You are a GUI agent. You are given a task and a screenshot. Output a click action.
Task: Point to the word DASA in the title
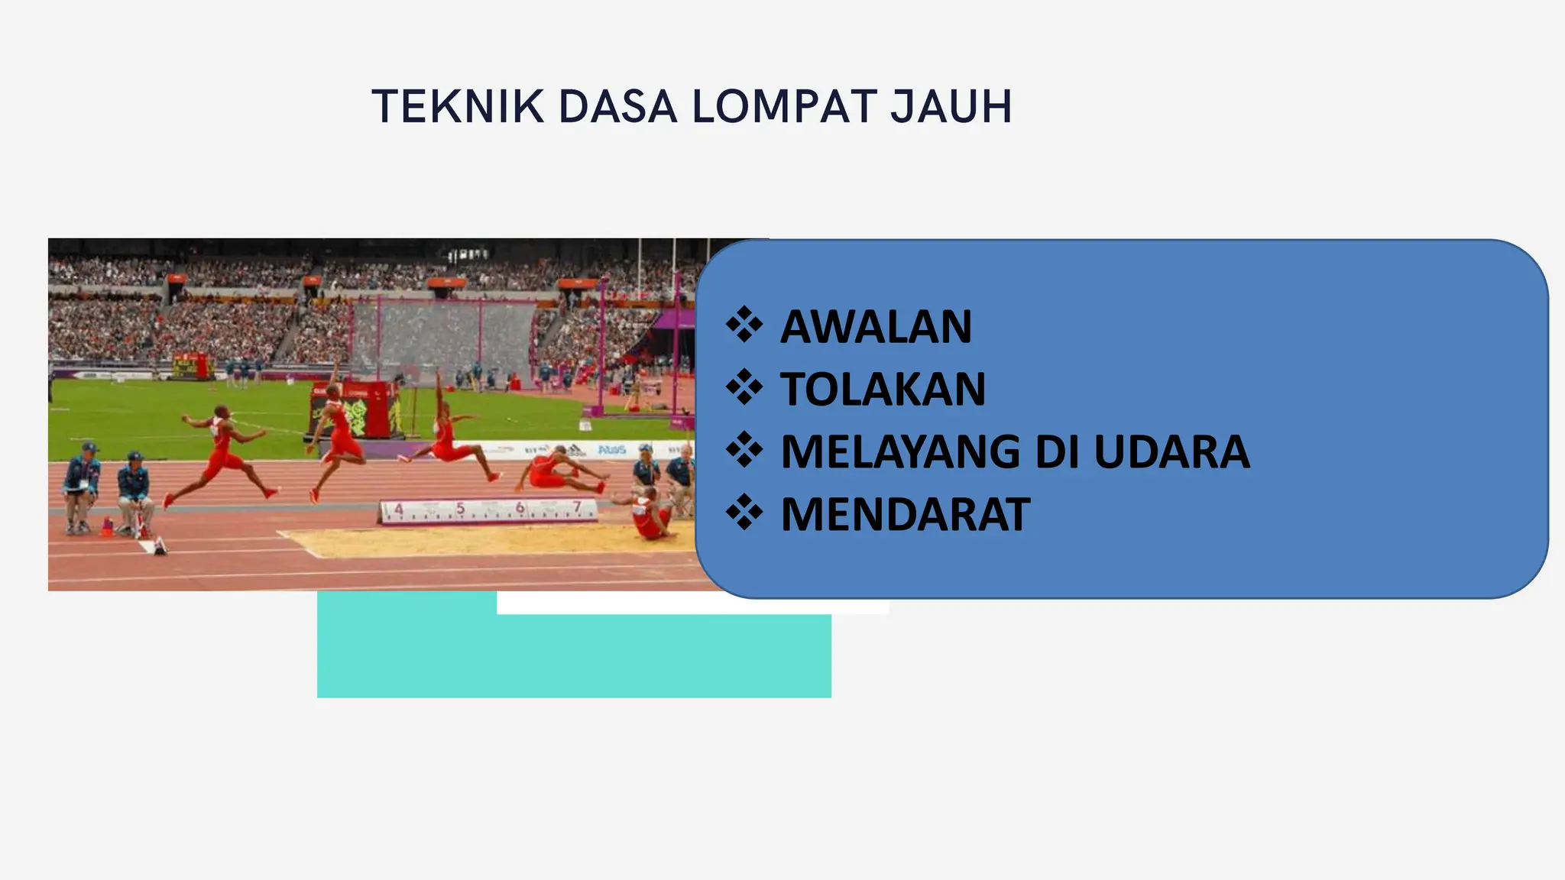tap(617, 106)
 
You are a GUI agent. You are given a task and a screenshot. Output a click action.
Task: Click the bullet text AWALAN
tap(876, 327)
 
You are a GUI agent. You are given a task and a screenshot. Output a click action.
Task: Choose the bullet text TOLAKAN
tap(883, 390)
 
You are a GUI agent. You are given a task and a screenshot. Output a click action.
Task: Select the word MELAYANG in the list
tap(900, 451)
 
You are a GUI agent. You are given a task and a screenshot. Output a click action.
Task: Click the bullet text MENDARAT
tap(906, 514)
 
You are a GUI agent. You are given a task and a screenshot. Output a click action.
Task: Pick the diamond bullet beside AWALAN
tap(744, 326)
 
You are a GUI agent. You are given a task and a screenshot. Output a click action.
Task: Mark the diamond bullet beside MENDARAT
tap(744, 513)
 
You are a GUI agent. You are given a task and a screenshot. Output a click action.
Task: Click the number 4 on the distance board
tap(398, 510)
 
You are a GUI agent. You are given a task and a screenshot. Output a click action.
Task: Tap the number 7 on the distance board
tap(577, 507)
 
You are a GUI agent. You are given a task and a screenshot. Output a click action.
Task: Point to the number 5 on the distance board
tap(460, 509)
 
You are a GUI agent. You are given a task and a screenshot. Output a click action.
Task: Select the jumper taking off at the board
tap(222, 458)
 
